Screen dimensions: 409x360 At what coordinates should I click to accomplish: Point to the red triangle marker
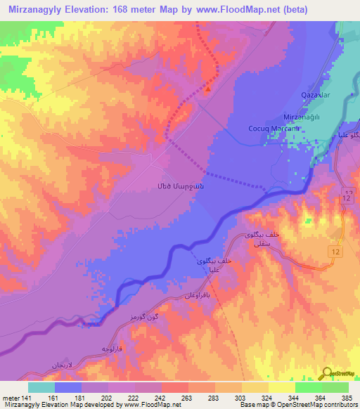(208, 89)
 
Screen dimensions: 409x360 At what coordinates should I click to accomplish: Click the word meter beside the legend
(11, 398)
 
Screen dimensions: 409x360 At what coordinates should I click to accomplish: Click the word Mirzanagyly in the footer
(20, 405)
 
